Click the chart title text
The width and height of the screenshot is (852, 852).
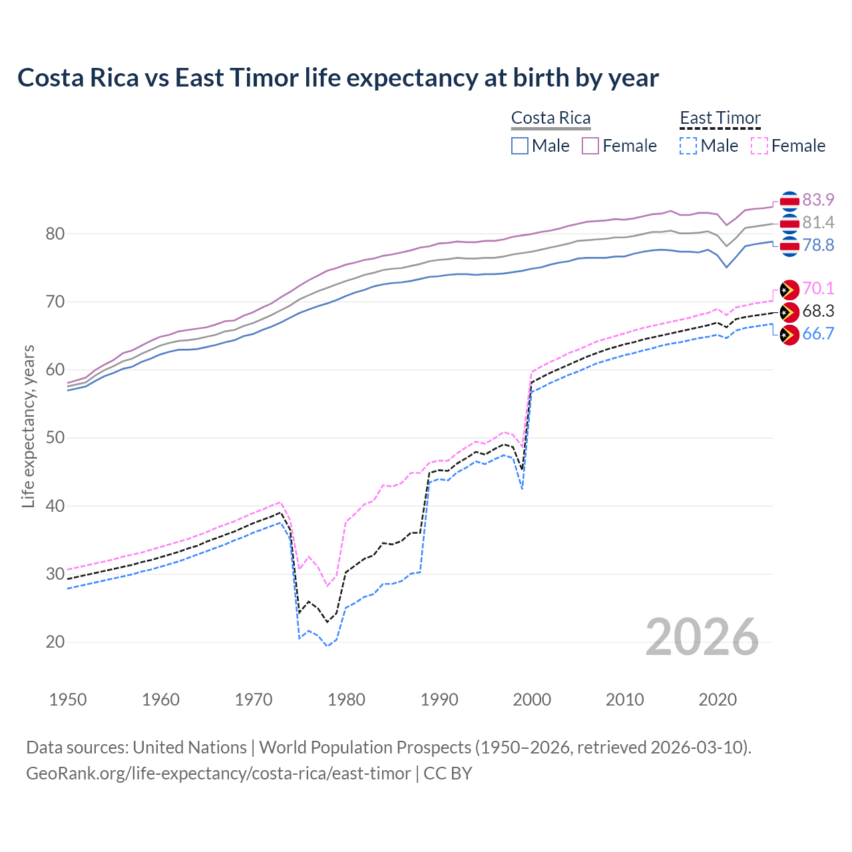[x=337, y=78]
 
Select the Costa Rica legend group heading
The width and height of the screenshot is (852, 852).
[x=550, y=118]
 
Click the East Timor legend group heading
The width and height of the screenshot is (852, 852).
[x=720, y=118]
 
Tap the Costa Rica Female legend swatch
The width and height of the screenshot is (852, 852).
[x=590, y=146]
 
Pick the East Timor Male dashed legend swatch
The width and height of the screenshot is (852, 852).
[x=688, y=146]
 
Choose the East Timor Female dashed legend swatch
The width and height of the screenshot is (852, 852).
[x=759, y=146]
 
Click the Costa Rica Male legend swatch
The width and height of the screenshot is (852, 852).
[x=520, y=146]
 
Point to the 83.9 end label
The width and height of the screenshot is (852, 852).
[x=818, y=200]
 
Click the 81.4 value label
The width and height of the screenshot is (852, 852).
[x=818, y=222]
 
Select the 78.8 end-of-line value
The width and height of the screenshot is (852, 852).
[x=818, y=245]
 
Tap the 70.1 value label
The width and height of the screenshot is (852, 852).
[x=818, y=288]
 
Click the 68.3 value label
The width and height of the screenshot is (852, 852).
[x=818, y=311]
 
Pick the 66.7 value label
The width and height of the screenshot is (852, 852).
[x=818, y=333]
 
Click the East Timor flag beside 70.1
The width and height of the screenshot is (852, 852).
[x=789, y=290]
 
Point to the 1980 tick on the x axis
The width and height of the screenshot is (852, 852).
[x=346, y=700]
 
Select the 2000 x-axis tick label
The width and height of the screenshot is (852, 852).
[x=532, y=700]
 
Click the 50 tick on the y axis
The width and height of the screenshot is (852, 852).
[x=55, y=438]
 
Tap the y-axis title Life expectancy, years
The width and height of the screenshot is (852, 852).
[x=29, y=426]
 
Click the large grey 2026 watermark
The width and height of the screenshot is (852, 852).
[x=702, y=637]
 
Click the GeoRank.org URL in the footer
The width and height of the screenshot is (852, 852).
[x=218, y=773]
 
